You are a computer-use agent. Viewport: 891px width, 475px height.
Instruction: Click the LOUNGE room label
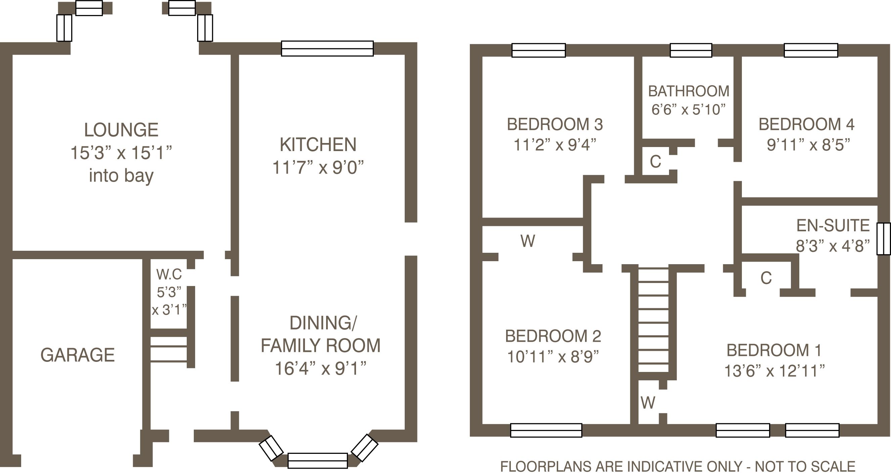(x=121, y=130)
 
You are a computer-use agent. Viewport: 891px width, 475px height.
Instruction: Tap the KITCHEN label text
(x=318, y=144)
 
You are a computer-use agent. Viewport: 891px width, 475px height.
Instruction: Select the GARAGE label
(x=78, y=355)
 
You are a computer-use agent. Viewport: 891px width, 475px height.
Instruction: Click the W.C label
(x=169, y=275)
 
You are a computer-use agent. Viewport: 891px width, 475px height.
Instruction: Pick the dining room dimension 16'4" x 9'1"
(x=320, y=369)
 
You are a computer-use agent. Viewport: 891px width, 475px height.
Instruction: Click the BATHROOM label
(x=689, y=91)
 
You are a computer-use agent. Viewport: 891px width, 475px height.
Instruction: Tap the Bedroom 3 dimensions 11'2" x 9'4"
(x=555, y=145)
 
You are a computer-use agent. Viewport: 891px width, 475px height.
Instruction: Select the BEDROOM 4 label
(x=807, y=125)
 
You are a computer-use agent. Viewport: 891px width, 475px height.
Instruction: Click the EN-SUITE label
(x=833, y=226)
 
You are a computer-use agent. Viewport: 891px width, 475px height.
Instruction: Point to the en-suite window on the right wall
(x=883, y=239)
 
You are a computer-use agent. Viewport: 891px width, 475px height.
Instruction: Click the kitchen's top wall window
(x=327, y=48)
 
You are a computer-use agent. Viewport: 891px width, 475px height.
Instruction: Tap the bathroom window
(x=691, y=50)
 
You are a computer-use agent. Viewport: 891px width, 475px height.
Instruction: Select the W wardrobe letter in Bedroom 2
(x=528, y=241)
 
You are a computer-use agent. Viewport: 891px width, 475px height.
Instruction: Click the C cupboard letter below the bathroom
(x=656, y=161)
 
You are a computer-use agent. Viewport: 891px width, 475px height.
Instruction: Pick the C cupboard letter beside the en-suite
(x=766, y=278)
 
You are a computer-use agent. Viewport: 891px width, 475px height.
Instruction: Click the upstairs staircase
(x=653, y=320)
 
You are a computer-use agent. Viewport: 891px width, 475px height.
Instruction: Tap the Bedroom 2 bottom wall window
(x=546, y=430)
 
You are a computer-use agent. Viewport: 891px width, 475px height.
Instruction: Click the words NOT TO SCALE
(x=805, y=467)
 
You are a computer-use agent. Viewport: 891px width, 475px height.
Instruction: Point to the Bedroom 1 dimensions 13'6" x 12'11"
(x=774, y=371)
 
